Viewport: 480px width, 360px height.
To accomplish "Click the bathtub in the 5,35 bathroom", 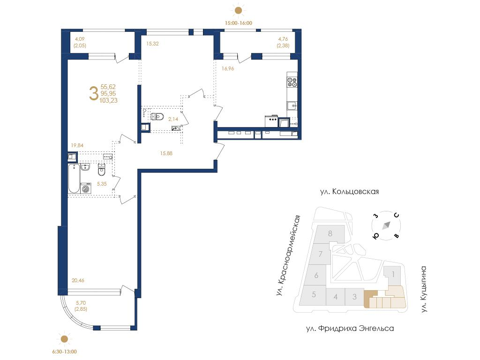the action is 74,179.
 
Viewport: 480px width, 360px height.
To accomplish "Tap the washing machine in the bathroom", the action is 86,188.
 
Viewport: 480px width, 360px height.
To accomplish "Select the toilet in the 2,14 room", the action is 157,117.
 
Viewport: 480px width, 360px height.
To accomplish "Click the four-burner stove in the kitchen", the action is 292,82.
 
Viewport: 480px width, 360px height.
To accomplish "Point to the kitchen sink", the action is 292,105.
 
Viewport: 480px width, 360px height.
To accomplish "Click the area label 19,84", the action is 77,145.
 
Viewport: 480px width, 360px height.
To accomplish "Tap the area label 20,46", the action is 78,280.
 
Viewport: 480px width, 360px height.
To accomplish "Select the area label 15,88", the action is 166,153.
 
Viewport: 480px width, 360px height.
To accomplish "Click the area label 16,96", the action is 228,68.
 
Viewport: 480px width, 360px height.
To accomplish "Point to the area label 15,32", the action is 152,44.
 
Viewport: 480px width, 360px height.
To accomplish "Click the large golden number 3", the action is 93,93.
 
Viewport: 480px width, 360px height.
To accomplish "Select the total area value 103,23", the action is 108,100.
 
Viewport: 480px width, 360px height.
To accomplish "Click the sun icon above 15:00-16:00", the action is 238,11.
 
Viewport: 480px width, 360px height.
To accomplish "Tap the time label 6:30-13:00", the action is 64,352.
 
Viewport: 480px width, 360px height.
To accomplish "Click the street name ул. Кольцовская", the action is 349,192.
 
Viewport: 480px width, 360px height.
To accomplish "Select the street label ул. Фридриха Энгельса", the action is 350,329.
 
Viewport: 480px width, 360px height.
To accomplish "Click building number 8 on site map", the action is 330,233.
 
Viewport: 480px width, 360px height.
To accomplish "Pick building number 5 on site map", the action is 314,294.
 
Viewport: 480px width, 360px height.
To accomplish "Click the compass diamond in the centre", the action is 386,225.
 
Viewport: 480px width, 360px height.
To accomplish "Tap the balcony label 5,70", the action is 81,303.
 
